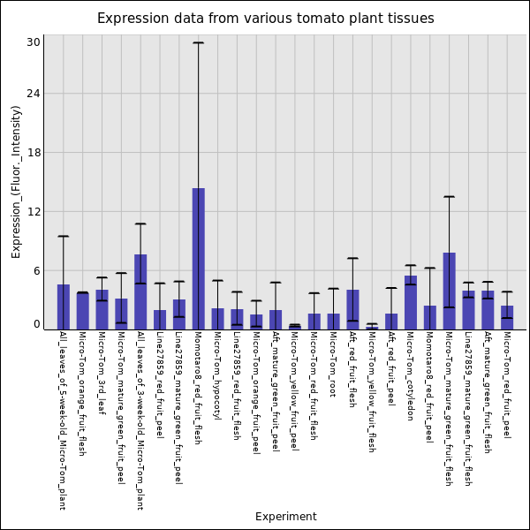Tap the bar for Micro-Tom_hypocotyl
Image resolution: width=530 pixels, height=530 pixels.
217,319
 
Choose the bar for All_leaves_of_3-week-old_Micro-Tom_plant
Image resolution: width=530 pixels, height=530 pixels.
140,291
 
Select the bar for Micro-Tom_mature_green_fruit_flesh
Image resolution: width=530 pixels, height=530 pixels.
449,291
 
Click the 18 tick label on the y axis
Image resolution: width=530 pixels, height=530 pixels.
34,153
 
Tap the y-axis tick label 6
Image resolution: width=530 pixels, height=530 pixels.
36,271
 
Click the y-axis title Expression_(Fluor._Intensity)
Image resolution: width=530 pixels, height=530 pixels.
16,181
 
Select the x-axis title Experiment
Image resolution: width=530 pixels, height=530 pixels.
285,517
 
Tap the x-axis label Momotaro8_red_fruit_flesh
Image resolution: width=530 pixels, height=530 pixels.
199,388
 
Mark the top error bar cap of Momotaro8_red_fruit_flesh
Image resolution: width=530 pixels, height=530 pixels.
199,42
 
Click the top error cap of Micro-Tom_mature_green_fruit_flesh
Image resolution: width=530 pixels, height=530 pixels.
449,196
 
